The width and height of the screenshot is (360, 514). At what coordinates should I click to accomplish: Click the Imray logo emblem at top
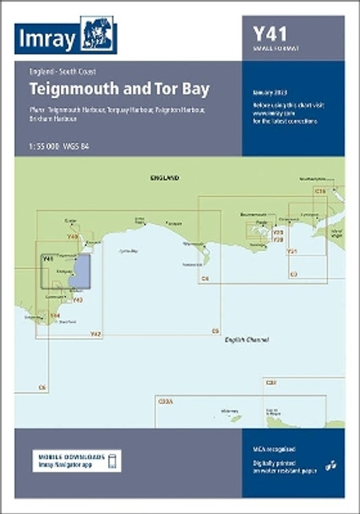[x=99, y=36]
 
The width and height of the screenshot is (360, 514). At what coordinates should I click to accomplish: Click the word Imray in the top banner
[x=48, y=38]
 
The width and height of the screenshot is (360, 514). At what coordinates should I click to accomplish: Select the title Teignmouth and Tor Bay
[x=106, y=89]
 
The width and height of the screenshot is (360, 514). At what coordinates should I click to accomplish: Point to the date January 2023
[x=271, y=91]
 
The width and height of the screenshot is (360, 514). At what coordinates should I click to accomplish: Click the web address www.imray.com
[x=272, y=111]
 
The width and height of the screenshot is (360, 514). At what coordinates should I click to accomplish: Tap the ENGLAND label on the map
[x=165, y=178]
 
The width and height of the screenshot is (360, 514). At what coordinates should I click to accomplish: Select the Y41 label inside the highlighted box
[x=48, y=258]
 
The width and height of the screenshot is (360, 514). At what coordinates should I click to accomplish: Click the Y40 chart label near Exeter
[x=73, y=237]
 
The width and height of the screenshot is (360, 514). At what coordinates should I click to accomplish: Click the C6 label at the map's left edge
[x=42, y=388]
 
